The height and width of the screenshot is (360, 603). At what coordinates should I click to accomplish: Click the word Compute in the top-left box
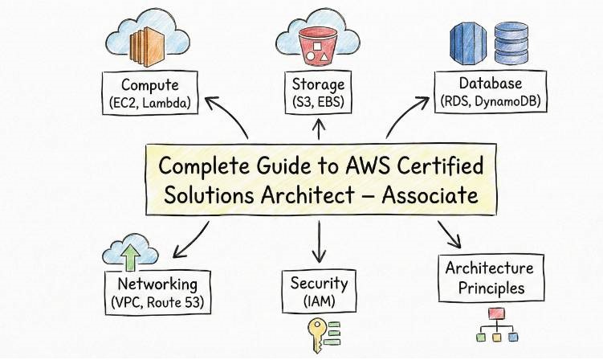tap(149, 84)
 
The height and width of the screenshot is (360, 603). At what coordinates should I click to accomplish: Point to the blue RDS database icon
tap(468, 43)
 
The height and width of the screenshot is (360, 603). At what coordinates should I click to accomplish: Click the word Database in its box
tap(491, 84)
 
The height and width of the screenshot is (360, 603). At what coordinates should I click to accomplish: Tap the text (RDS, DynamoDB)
tap(491, 101)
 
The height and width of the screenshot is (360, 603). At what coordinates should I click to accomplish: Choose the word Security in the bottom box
tap(318, 283)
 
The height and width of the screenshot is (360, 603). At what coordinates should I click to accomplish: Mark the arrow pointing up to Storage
tap(318, 125)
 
